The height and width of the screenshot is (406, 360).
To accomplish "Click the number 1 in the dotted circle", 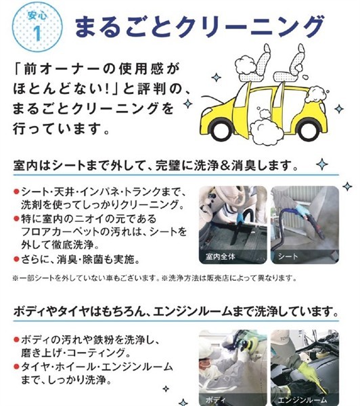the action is pyautogui.click(x=37, y=33).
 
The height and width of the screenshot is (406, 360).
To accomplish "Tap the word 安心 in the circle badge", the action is pyautogui.click(x=37, y=16).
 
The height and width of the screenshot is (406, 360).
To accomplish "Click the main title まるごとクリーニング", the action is pyautogui.click(x=200, y=26).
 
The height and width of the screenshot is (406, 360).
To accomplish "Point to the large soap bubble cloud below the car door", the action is pyautogui.click(x=267, y=131).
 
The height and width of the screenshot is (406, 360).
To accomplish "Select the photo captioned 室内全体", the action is pyautogui.click(x=233, y=225).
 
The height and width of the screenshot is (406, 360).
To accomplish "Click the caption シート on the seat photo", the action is pyautogui.click(x=288, y=256).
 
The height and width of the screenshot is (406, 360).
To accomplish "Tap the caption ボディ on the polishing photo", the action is pyautogui.click(x=215, y=400).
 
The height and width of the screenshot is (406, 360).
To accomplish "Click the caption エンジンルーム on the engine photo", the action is pyautogui.click(x=302, y=401).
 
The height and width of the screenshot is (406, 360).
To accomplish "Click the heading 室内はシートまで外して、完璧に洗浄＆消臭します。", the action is pyautogui.click(x=156, y=166).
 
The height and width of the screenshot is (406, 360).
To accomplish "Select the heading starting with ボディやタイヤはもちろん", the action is pyautogui.click(x=176, y=311).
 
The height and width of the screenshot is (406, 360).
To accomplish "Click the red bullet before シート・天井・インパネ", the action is pyautogui.click(x=16, y=192).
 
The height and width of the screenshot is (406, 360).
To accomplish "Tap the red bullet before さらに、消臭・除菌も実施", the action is pyautogui.click(x=16, y=259).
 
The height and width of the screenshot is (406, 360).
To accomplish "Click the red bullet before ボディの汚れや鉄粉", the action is pyautogui.click(x=16, y=339).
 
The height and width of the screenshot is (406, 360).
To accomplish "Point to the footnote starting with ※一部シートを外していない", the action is pyautogui.click(x=154, y=278).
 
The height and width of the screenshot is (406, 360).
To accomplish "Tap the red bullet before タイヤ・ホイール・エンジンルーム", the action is pyautogui.click(x=16, y=366).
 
